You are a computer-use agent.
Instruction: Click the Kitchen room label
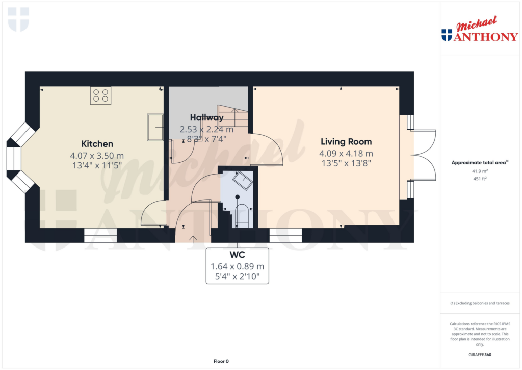click(x=97, y=144)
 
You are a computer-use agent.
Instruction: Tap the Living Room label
click(x=346, y=141)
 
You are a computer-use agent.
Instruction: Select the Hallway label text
click(x=206, y=118)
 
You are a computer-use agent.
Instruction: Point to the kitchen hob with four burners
click(x=100, y=95)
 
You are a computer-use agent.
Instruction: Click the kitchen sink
click(x=155, y=127)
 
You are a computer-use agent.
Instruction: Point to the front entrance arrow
click(x=193, y=238)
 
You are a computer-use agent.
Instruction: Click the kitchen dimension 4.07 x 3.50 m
click(x=97, y=156)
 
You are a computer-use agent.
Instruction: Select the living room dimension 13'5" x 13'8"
click(x=346, y=163)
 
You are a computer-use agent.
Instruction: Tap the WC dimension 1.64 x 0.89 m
click(x=237, y=266)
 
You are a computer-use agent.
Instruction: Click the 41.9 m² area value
click(x=480, y=171)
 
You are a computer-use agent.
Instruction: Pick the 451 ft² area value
click(x=480, y=179)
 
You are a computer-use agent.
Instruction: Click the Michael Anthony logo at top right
click(x=479, y=30)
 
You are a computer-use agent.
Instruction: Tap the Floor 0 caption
click(x=221, y=361)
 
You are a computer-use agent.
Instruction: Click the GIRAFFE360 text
click(x=480, y=354)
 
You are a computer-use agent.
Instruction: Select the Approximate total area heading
click(x=480, y=163)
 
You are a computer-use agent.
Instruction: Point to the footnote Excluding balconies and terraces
click(x=480, y=303)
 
